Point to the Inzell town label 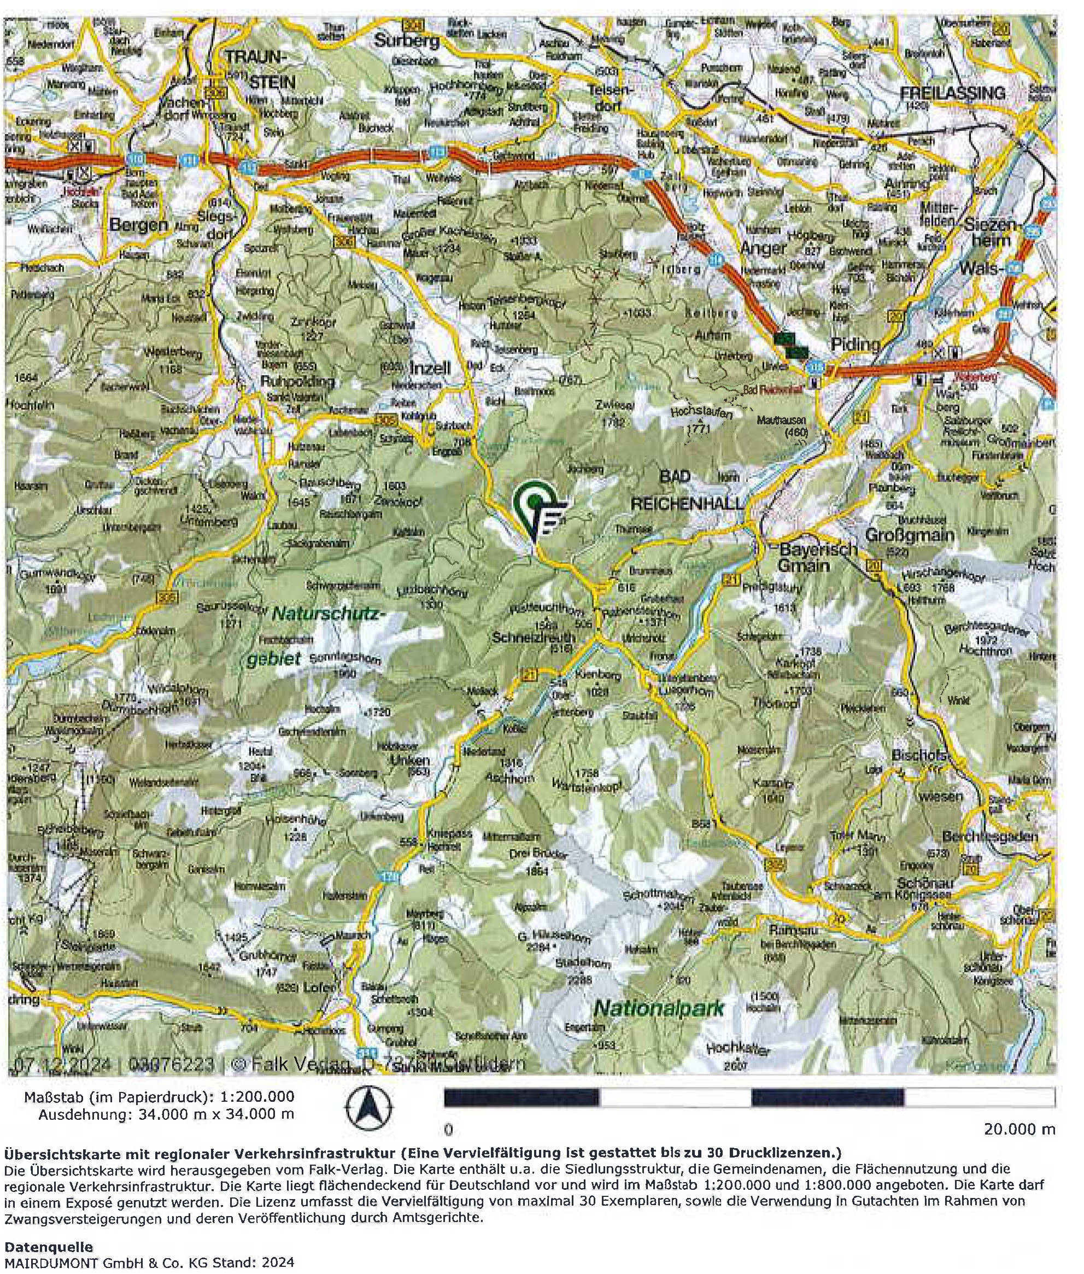[x=430, y=367]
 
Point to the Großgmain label [x=910, y=535]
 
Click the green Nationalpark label [x=659, y=1008]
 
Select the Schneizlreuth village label [x=534, y=638]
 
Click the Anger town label [x=763, y=248]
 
